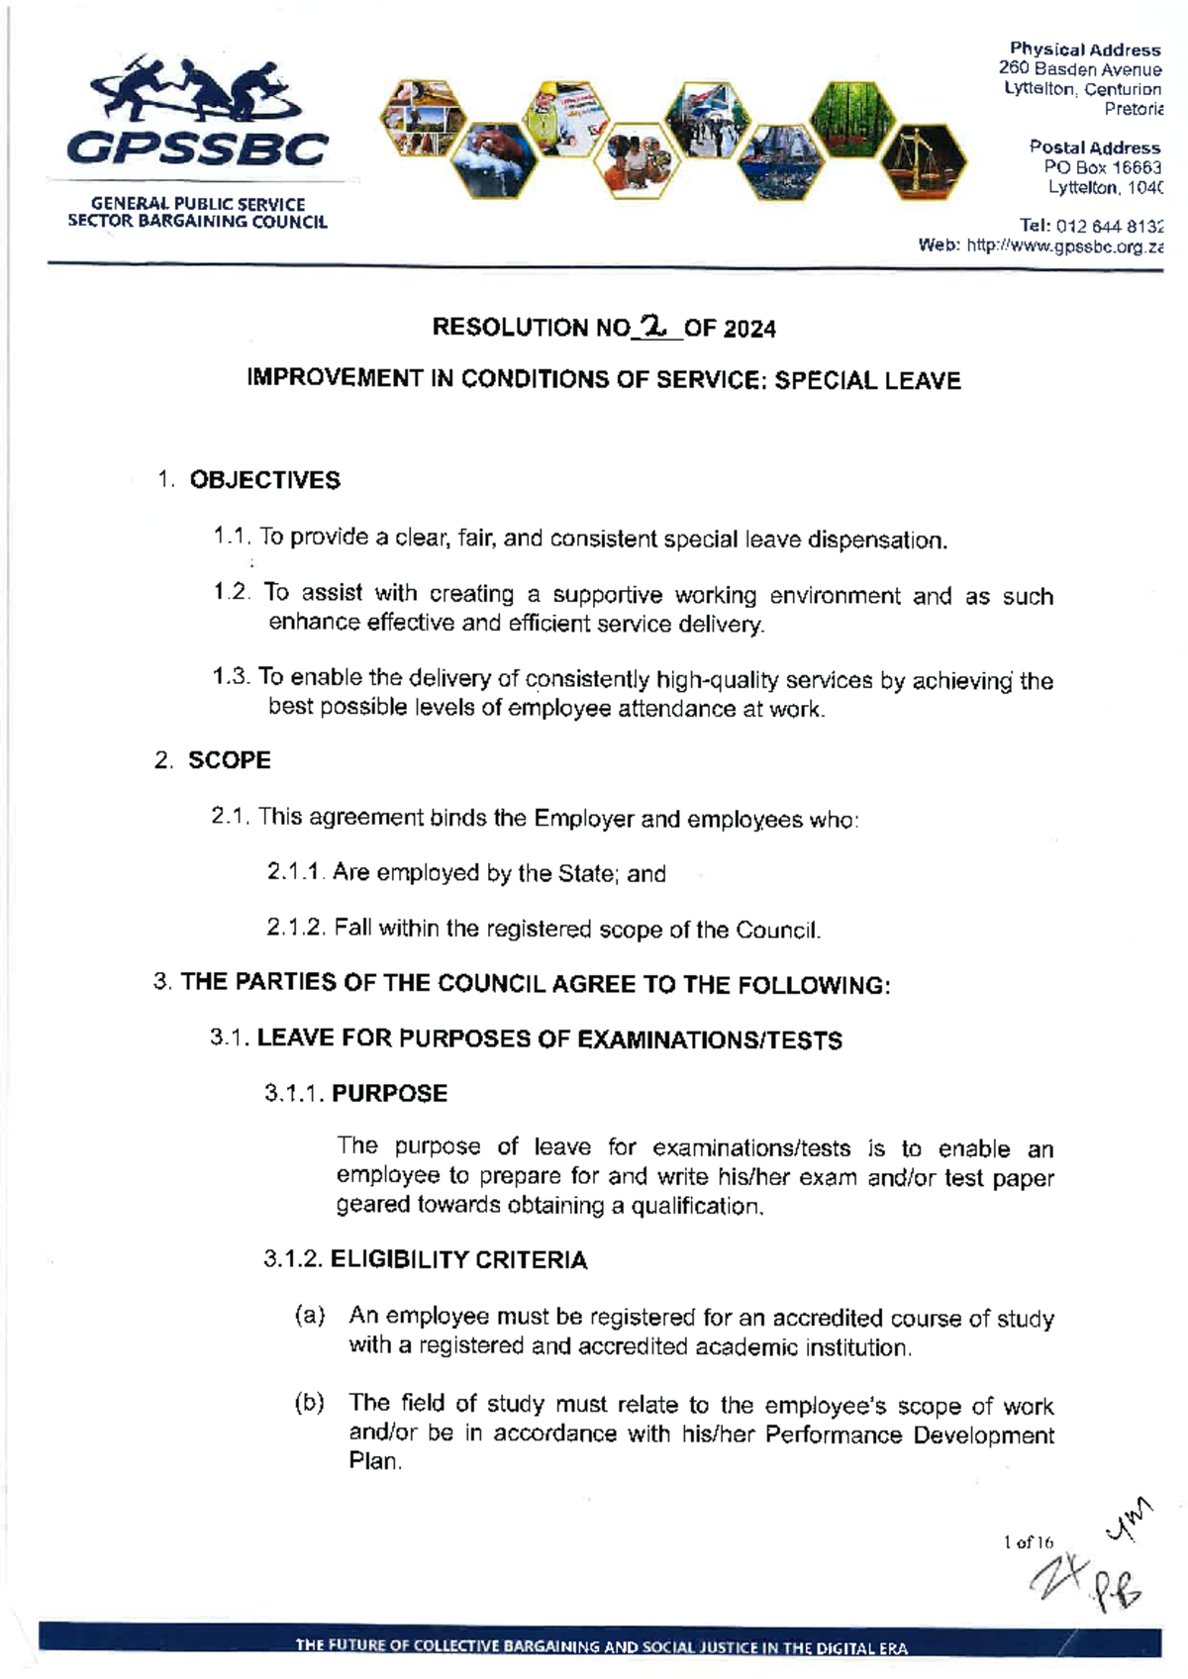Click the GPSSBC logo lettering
coord(196,149)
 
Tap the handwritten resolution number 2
coord(654,324)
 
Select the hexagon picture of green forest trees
coord(851,117)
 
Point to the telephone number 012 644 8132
coord(1110,227)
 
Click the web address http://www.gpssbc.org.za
coord(1064,247)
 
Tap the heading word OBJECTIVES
coord(264,480)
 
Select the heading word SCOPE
coord(230,760)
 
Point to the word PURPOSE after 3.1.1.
coord(389,1094)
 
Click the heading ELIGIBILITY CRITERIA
coord(458,1260)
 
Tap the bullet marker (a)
coord(310,1317)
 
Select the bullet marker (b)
coord(310,1403)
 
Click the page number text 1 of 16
coord(1029,1542)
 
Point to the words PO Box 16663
coord(1102,167)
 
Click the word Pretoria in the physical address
coord(1134,109)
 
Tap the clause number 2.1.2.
coord(295,929)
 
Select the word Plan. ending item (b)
coord(375,1462)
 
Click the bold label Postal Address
coord(1094,148)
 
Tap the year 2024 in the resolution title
coord(749,328)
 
